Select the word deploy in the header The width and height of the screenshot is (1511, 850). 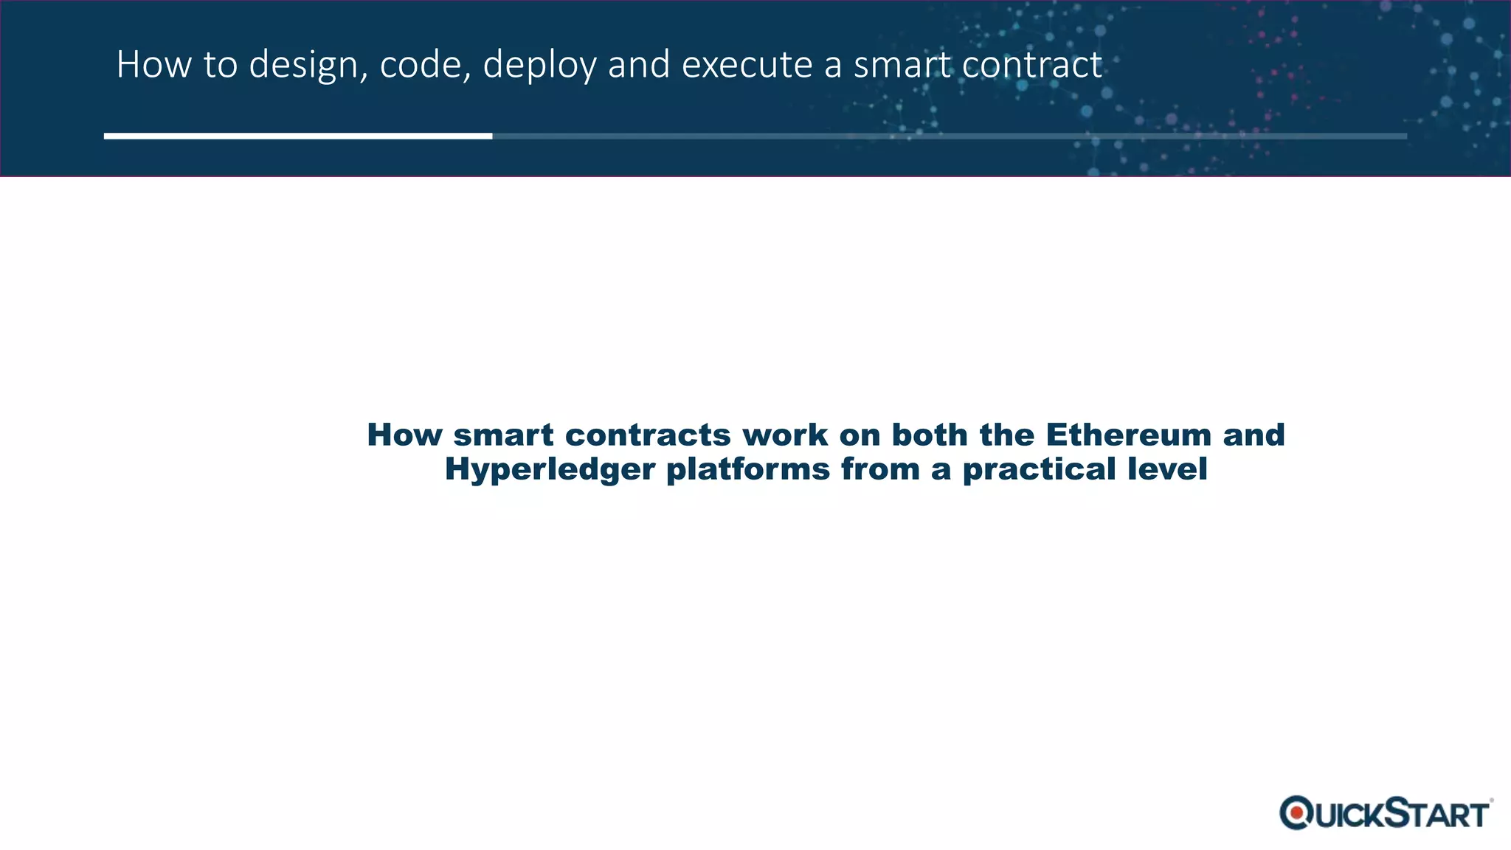tap(539, 66)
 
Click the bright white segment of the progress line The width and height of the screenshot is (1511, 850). tap(298, 136)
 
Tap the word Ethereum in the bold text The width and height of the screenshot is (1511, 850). tap(1128, 435)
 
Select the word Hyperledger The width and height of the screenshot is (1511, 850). tap(550, 469)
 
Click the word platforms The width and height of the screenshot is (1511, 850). tap(748, 469)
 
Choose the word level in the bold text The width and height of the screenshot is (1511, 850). tap(1167, 469)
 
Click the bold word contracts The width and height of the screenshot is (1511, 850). tap(648, 435)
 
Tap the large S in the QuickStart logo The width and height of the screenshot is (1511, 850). tap(1395, 812)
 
